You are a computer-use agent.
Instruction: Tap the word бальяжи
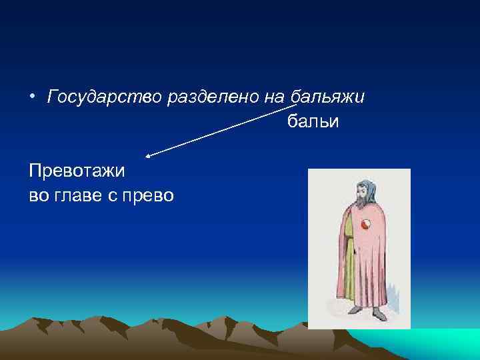[x=328, y=97]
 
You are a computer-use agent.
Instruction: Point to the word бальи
[x=313, y=121]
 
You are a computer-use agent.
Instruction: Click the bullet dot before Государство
[x=33, y=98]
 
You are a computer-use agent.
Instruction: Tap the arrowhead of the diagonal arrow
[x=149, y=155]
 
